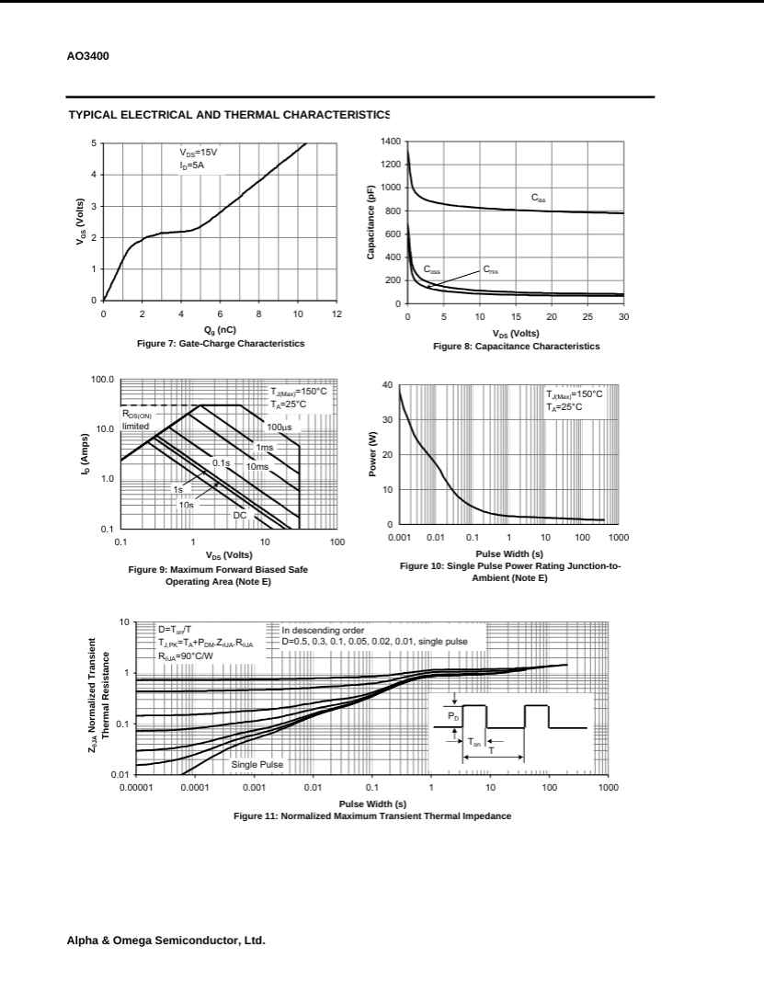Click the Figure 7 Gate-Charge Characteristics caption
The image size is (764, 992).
pyautogui.click(x=220, y=343)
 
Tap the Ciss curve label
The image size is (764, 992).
pyautogui.click(x=538, y=199)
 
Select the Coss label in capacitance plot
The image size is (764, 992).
pyautogui.click(x=431, y=269)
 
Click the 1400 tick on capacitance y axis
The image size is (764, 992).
pyautogui.click(x=390, y=142)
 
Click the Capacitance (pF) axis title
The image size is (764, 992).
pyautogui.click(x=371, y=222)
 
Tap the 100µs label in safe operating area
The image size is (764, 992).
pyautogui.click(x=279, y=428)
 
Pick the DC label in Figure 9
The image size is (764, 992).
pyautogui.click(x=239, y=515)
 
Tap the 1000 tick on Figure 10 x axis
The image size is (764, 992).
pyautogui.click(x=617, y=537)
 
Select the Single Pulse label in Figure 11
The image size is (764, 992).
pyautogui.click(x=257, y=764)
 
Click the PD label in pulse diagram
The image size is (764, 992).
pyautogui.click(x=452, y=713)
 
